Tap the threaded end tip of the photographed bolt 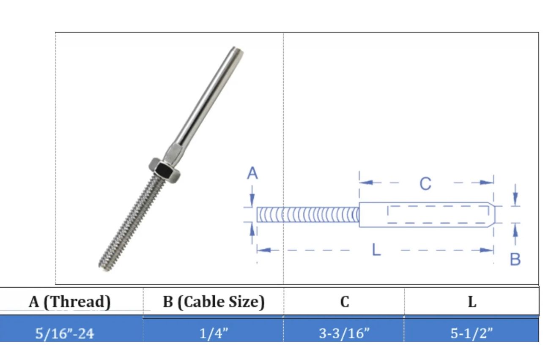tap(103, 266)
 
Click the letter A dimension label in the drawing tap(252, 174)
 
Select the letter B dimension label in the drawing tap(515, 259)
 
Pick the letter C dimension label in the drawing tap(425, 184)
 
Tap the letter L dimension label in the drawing tap(376, 250)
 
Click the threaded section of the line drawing tap(307, 215)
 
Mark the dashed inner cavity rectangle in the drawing tap(436, 215)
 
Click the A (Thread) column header tap(70, 302)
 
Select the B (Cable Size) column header tap(214, 302)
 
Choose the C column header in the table tap(345, 302)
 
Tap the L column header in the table tap(472, 302)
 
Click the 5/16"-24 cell tap(65, 334)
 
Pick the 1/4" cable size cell tap(214, 334)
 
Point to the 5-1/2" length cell tap(472, 334)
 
